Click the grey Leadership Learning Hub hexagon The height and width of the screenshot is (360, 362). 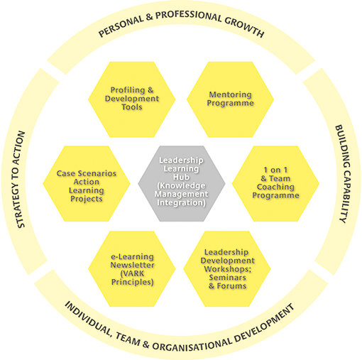[182, 181]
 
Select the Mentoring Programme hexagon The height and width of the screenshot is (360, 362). [230, 99]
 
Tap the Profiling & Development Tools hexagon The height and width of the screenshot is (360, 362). [133, 99]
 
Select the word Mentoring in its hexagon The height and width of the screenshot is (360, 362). [230, 94]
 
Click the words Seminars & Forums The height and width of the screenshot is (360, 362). [230, 281]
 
